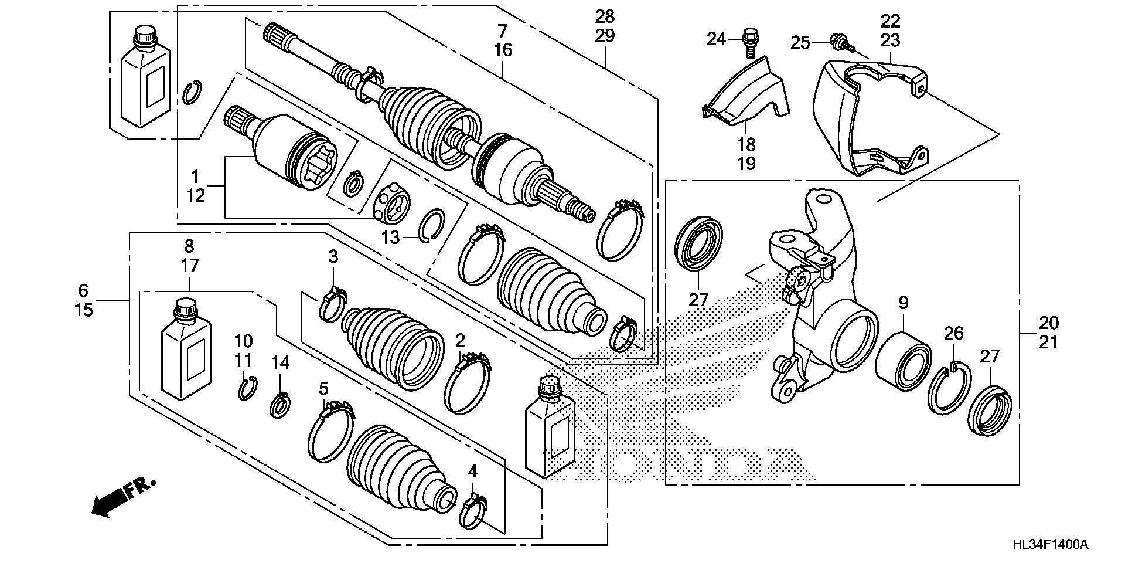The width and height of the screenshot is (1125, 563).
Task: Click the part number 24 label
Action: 716,39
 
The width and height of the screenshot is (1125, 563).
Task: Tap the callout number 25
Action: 800,42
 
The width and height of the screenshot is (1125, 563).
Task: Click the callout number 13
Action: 391,238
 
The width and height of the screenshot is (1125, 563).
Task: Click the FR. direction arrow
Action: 123,496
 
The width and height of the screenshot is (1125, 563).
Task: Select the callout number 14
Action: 281,363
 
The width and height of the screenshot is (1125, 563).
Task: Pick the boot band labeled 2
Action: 467,384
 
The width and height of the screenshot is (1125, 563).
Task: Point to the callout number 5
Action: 323,388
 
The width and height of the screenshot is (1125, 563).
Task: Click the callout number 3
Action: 333,256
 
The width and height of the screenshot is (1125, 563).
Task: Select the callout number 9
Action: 904,303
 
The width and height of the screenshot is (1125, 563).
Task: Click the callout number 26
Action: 953,334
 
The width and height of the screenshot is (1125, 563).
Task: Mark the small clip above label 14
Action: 280,405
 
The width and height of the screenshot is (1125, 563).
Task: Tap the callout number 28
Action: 605,16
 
